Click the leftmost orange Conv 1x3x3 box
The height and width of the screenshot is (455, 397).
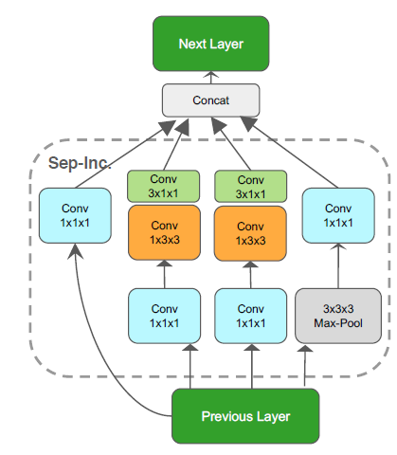coord(163,233)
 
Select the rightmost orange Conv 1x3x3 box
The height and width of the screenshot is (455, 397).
coord(251,233)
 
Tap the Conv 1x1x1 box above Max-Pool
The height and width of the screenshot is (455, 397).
coord(337,215)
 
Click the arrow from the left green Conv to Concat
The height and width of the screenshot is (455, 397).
coord(173,146)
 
